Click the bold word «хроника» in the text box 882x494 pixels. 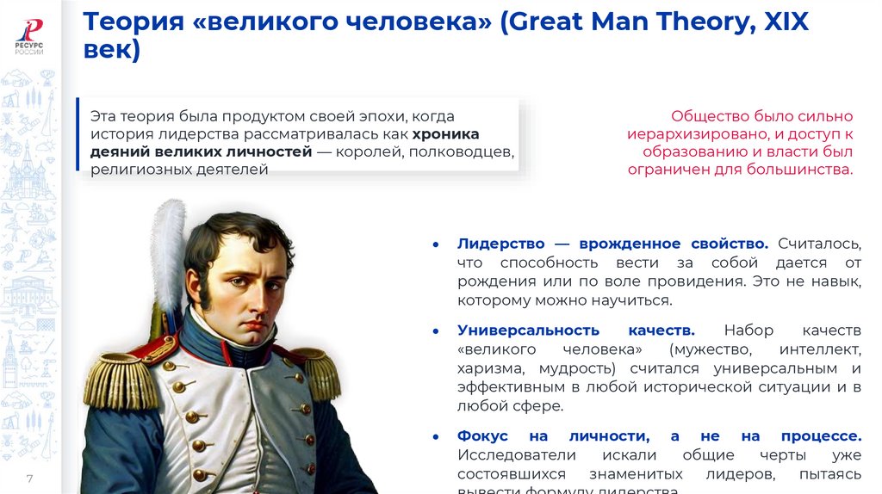tap(445, 133)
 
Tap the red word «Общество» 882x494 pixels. tap(710, 116)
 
